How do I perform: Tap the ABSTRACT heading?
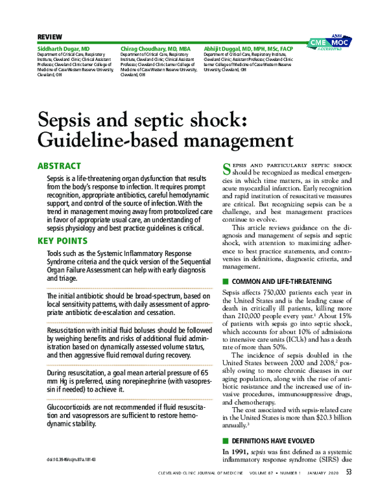59,166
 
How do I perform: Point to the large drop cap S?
226,170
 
